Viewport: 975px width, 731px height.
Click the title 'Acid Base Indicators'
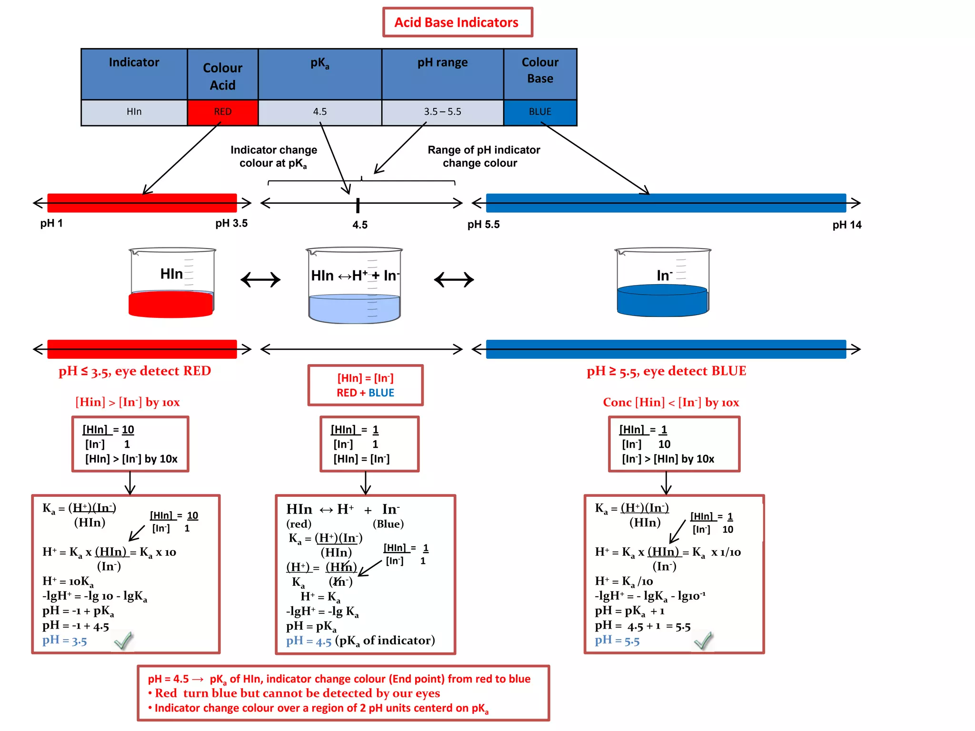click(x=457, y=22)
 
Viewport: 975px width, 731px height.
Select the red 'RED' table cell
click(x=222, y=112)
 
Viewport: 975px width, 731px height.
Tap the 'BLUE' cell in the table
click(x=540, y=112)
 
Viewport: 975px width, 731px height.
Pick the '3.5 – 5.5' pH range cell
click(x=442, y=112)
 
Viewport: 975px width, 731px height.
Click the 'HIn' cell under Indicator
click(x=134, y=112)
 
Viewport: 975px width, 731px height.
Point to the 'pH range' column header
click(x=442, y=63)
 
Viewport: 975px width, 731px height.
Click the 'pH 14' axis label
click(x=846, y=225)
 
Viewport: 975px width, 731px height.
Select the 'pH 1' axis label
click(x=51, y=224)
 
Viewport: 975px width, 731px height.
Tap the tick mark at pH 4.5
click(x=358, y=206)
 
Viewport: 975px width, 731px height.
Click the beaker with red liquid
click(x=171, y=283)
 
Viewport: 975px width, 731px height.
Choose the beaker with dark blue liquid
click(x=662, y=283)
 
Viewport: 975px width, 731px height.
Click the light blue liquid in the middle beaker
click(x=354, y=308)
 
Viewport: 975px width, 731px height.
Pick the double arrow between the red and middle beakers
click(x=260, y=279)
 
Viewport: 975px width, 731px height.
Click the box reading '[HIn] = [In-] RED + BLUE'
click(x=365, y=385)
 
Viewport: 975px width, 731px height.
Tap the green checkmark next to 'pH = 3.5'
click(x=123, y=641)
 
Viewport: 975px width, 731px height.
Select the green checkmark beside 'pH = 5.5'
click(x=703, y=641)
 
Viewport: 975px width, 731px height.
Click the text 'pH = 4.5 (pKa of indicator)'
click(x=360, y=641)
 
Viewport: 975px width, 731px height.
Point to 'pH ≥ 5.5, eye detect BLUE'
click(x=666, y=371)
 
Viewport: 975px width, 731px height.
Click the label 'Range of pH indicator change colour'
click(x=483, y=157)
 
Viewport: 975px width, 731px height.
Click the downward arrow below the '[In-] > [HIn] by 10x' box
click(x=666, y=483)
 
